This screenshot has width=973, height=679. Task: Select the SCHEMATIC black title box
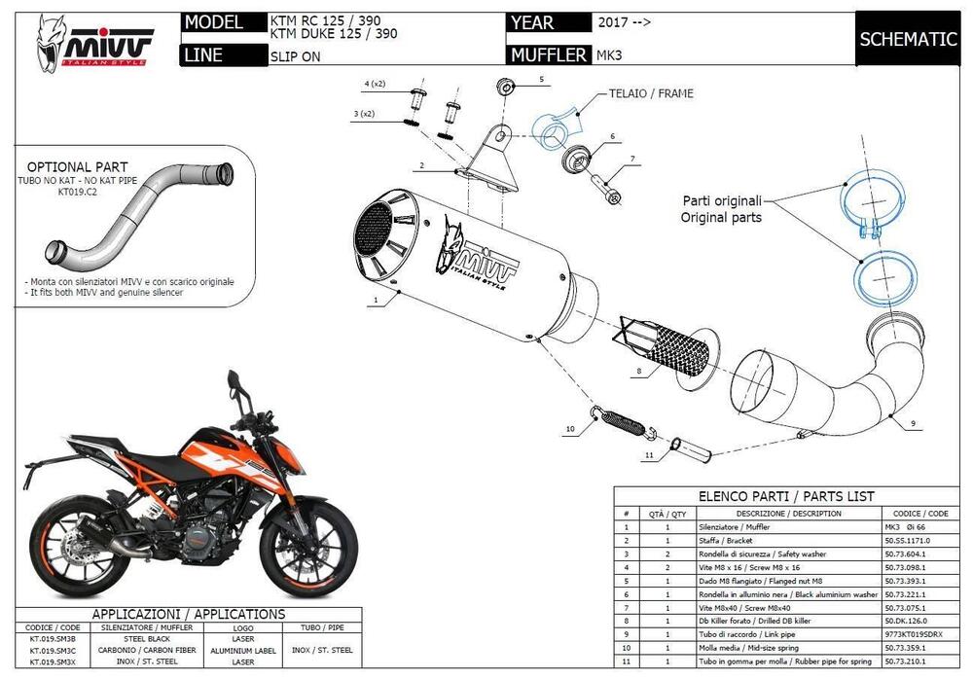908,39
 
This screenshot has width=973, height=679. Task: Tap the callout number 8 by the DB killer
637,371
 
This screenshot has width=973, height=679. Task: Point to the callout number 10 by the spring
570,428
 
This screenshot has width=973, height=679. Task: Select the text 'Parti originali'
721,200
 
